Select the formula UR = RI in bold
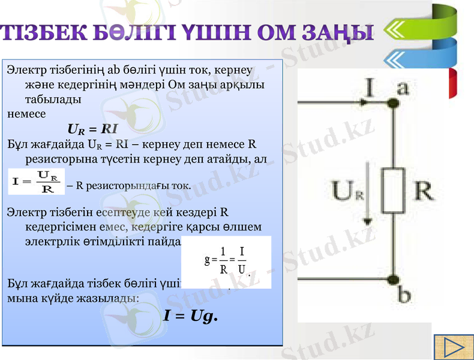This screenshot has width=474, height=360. (x=92, y=129)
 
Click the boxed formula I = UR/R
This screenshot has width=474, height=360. (x=35, y=182)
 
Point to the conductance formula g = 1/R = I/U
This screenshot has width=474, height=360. (x=227, y=262)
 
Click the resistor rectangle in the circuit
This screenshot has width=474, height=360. (x=394, y=191)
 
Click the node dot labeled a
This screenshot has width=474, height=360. (x=394, y=104)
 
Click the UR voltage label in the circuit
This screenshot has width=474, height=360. (x=348, y=192)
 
